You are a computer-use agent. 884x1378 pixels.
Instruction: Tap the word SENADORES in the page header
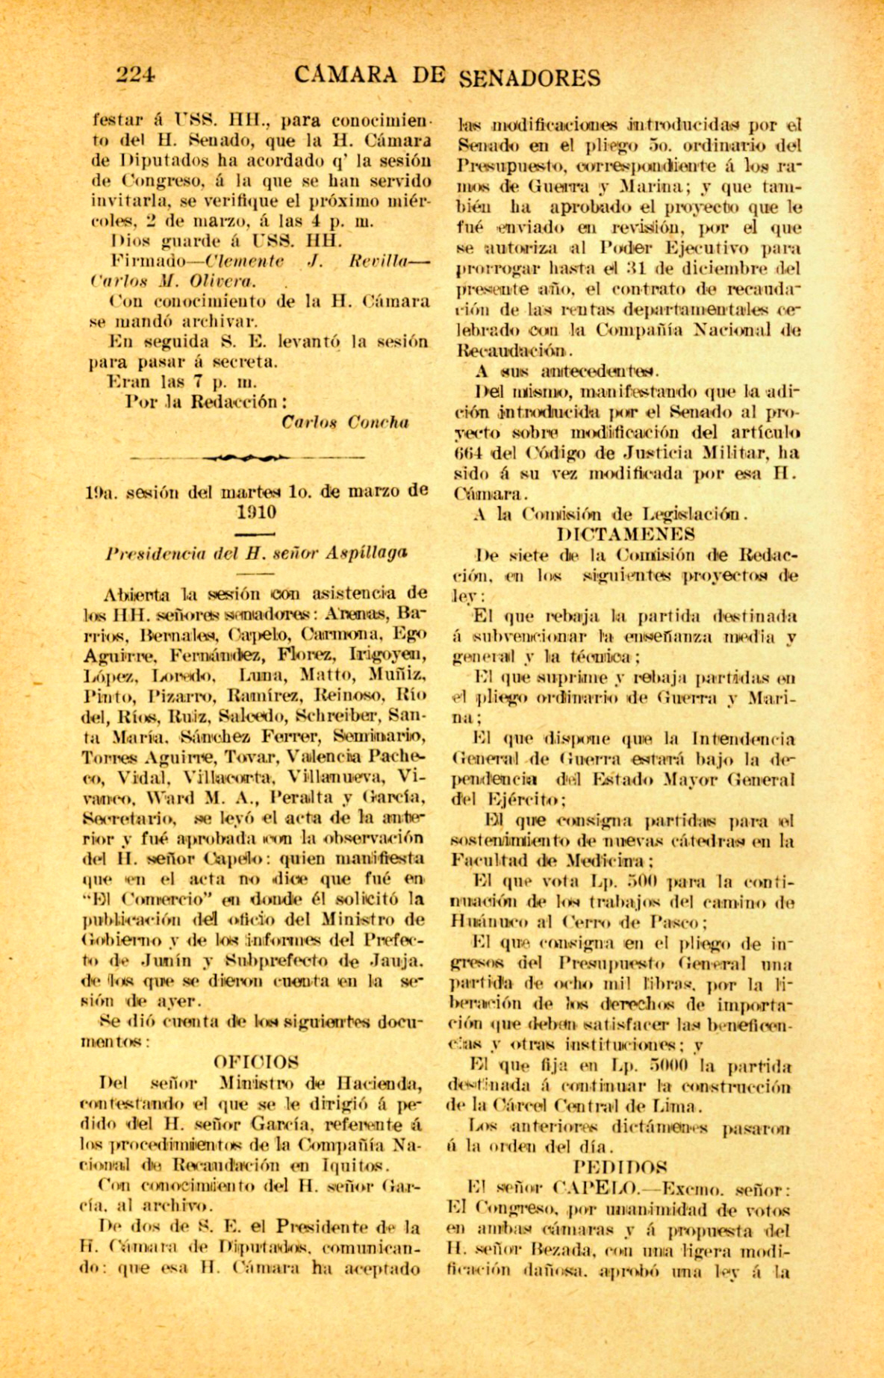tap(529, 77)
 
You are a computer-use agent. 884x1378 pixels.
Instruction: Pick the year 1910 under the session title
tap(256, 512)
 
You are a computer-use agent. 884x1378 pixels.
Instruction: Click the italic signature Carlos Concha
tap(345, 422)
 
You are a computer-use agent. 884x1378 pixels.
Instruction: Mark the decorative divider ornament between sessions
tap(247, 457)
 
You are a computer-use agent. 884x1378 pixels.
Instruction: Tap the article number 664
tap(470, 452)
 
